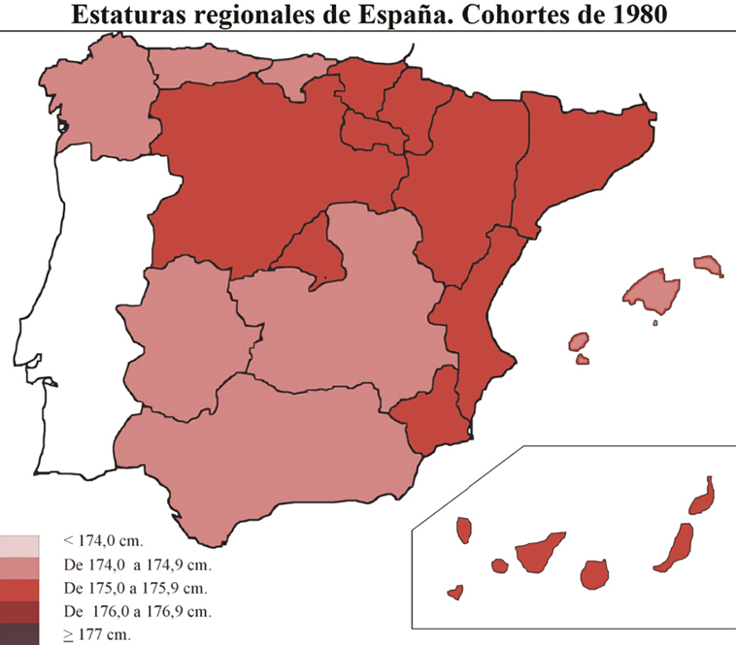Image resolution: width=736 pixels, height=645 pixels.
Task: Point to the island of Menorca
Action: [x=709, y=265]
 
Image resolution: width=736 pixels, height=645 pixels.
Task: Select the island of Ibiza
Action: [x=579, y=341]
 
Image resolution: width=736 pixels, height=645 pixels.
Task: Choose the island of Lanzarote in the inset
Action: [x=702, y=498]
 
